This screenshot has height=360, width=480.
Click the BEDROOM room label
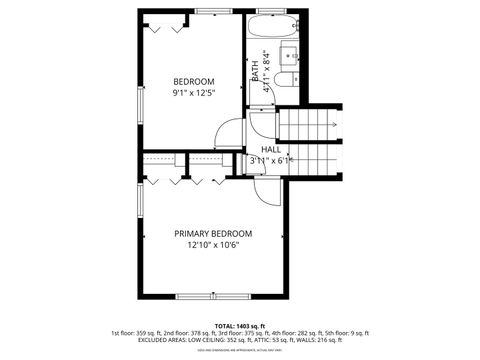point(193,81)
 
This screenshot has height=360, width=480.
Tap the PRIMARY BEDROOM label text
point(213,233)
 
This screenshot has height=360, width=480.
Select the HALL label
point(271,149)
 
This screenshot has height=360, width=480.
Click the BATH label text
point(256,70)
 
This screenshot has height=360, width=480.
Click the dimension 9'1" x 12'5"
point(193,93)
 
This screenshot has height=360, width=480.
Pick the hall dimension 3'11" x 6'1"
point(270,160)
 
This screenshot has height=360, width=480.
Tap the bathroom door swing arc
point(262,120)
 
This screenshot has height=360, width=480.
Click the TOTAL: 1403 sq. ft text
point(240,325)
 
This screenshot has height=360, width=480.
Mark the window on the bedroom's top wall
point(213,11)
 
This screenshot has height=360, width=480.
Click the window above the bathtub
point(273,11)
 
